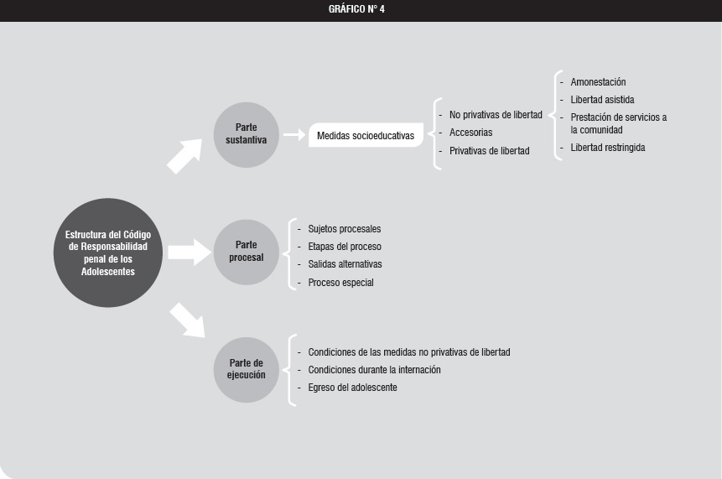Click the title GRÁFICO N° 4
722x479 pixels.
356,9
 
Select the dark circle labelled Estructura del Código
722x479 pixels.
108,253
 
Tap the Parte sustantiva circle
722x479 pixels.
247,135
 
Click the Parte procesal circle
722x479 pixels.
247,253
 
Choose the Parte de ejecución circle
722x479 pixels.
247,370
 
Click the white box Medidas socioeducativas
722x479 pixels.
366,135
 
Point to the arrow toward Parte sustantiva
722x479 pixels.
185,156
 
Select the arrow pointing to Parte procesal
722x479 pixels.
190,253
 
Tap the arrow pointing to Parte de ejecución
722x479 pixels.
187,320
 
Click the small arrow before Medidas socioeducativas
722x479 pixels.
294,134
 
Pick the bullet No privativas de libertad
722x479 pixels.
496,115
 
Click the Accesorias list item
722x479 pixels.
470,133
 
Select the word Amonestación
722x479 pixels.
598,82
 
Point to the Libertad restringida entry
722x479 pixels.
608,148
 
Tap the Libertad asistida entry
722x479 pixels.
602,100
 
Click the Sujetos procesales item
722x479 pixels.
345,229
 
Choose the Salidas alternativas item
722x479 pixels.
345,264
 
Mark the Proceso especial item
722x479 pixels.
340,283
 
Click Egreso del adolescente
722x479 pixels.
352,388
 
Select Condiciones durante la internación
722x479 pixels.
374,370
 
